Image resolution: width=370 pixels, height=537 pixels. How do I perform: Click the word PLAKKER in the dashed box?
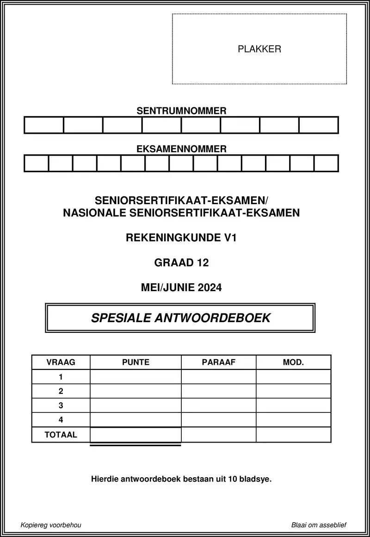259,49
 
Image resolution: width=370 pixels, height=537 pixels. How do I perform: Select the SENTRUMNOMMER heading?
181,111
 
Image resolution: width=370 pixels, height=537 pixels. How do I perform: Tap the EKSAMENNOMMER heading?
181,149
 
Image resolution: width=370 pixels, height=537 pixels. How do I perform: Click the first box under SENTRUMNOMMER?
43,125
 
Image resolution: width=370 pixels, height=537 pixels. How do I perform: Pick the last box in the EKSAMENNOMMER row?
326,163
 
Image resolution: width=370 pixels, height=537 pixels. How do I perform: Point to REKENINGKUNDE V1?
181,238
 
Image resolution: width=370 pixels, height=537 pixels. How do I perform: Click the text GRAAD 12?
181,263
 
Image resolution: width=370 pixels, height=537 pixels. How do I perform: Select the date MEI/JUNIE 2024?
181,287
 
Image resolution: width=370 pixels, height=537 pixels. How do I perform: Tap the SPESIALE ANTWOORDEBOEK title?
180,318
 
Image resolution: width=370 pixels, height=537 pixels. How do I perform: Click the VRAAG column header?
61,362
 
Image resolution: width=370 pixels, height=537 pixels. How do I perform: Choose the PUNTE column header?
136,362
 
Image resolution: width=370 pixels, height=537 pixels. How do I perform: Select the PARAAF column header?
219,362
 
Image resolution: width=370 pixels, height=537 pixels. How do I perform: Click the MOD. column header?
293,362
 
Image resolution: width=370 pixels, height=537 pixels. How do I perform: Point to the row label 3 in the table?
61,406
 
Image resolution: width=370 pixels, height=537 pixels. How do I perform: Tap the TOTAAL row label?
61,435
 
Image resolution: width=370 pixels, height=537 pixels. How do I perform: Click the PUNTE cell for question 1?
136,377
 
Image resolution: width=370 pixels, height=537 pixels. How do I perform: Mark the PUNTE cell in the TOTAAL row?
136,435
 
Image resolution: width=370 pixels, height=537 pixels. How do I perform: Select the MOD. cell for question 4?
293,420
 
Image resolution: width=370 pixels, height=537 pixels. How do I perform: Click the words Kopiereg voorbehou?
51,525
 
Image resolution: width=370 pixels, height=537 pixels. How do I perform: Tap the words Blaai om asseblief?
319,525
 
